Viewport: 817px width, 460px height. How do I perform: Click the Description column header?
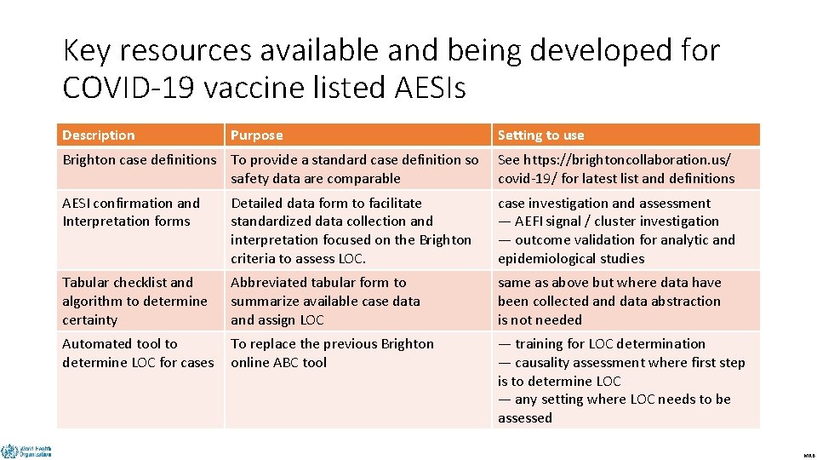point(99,135)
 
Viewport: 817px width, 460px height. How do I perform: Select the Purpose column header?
point(257,135)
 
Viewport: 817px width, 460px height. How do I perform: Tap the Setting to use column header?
point(540,135)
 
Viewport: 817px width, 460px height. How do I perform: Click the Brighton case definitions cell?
point(140,160)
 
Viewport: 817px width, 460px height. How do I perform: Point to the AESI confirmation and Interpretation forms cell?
point(131,212)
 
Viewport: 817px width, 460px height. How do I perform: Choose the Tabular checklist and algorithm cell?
point(134,301)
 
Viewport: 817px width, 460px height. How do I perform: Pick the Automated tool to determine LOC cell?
point(138,353)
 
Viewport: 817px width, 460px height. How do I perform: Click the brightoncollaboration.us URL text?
point(626,160)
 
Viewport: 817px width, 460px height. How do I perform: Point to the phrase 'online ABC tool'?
point(278,363)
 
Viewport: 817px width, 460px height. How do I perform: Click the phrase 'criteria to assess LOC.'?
point(298,259)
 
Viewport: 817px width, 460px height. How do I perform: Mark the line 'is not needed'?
point(540,320)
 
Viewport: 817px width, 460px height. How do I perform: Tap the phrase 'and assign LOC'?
point(277,320)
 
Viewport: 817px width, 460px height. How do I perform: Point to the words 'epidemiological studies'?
point(571,259)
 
